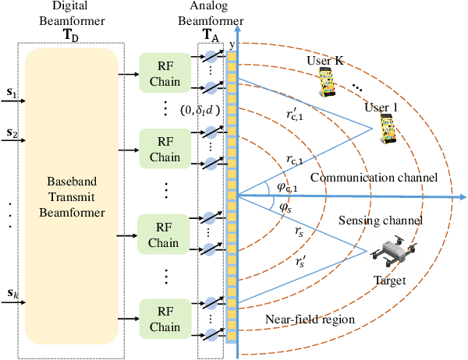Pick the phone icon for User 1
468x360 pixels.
click(x=386, y=129)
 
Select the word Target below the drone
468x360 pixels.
click(x=390, y=280)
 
